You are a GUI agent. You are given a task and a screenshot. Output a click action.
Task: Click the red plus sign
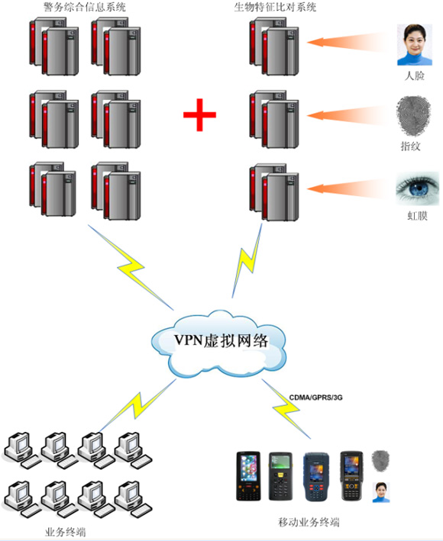coord(199,115)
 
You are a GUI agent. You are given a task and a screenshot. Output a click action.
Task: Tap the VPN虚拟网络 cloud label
coord(221,340)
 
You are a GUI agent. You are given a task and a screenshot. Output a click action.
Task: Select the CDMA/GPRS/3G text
coord(315,398)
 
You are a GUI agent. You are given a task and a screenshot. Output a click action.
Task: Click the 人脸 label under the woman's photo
coord(414,76)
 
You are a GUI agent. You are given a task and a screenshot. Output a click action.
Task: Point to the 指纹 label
coord(411,146)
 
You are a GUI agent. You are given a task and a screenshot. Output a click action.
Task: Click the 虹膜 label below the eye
coord(417,216)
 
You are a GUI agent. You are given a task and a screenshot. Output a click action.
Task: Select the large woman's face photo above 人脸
coord(414,44)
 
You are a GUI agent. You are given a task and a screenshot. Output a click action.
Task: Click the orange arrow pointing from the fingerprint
coord(347,114)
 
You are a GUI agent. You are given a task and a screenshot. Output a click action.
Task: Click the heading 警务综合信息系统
coord(85,7)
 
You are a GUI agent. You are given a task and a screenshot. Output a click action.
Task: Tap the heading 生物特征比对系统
coord(275,7)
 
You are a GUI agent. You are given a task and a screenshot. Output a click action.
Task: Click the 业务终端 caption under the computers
coord(65,532)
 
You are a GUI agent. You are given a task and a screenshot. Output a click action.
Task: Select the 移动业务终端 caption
coord(309,522)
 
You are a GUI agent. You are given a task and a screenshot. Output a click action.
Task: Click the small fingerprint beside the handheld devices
coord(380,461)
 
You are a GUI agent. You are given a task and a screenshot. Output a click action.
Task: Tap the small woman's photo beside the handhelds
coord(381,492)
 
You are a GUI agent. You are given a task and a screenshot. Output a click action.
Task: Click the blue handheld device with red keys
coord(315,477)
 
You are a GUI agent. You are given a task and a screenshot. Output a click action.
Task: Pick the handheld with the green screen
coord(280,476)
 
